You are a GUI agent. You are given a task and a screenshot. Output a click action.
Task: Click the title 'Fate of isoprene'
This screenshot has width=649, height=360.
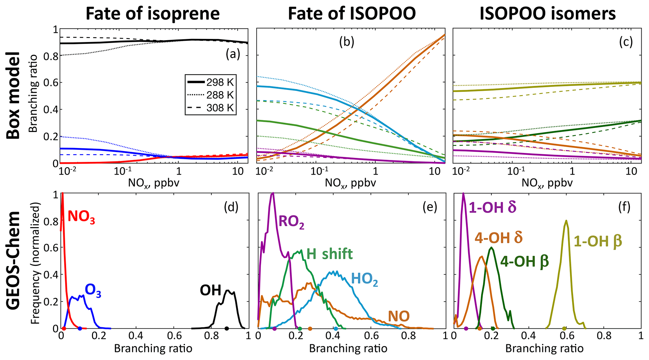point(153,14)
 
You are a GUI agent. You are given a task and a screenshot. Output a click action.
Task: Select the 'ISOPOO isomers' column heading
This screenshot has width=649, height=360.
point(548,14)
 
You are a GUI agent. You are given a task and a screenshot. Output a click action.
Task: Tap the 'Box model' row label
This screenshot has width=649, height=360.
point(13,95)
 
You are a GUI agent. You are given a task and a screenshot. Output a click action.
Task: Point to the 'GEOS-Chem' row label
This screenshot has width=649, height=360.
point(13,261)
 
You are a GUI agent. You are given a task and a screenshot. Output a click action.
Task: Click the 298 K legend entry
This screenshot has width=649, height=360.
point(210,82)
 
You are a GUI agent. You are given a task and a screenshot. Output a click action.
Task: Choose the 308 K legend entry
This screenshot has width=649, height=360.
point(210,108)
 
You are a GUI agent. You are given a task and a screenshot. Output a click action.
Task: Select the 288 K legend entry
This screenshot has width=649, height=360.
point(210,95)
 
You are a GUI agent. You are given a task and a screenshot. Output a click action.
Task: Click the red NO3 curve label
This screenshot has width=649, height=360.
point(81,217)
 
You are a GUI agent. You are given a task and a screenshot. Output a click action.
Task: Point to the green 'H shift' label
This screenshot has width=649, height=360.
point(329,254)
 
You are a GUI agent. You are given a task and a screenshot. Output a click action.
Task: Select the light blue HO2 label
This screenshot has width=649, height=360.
point(364,279)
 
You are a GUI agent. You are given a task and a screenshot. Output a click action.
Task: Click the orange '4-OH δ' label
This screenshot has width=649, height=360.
point(499,238)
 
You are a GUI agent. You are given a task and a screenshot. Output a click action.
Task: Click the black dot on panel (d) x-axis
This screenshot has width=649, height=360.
point(226,329)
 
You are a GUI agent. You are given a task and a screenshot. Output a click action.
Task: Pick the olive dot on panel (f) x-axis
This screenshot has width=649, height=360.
point(564,329)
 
